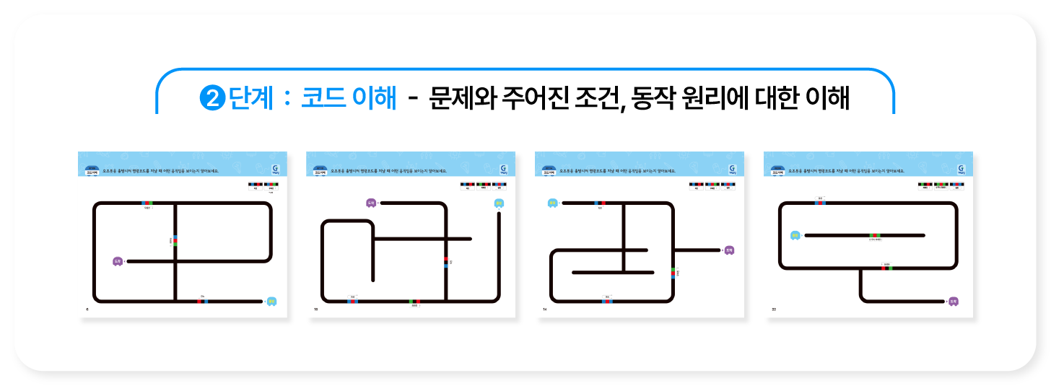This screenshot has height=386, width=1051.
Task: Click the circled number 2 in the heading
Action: click(x=212, y=99)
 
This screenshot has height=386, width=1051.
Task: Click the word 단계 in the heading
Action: click(x=250, y=99)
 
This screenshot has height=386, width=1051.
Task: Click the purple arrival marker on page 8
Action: click(x=118, y=261)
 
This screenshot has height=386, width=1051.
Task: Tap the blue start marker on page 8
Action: click(x=271, y=302)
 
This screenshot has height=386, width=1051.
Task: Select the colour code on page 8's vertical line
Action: click(x=175, y=240)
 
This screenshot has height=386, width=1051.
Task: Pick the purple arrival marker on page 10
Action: click(x=370, y=203)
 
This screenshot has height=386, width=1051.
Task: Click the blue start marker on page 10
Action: click(x=499, y=203)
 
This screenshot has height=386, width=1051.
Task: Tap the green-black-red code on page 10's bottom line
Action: click(x=414, y=301)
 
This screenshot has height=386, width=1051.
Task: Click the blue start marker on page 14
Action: click(x=552, y=203)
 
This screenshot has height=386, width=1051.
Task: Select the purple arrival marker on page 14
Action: click(x=729, y=250)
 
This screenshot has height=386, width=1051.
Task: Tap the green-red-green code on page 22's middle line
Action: click(x=875, y=235)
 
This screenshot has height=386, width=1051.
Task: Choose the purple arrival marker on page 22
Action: click(x=954, y=302)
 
